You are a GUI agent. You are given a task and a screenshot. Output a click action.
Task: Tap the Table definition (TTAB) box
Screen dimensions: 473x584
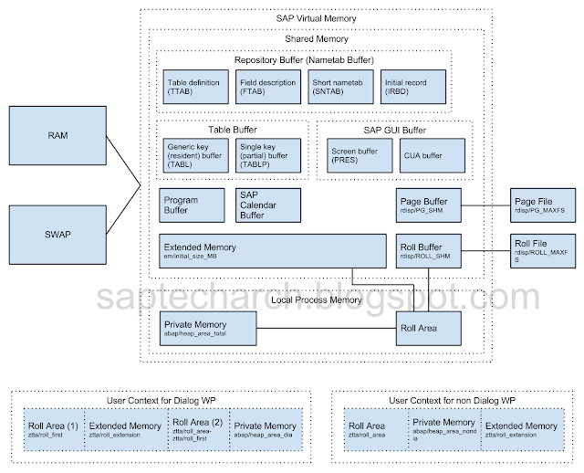194,87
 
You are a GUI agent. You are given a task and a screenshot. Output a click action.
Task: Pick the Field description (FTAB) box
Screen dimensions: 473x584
269,87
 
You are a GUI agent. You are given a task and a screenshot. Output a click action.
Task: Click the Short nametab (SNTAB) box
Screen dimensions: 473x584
340,87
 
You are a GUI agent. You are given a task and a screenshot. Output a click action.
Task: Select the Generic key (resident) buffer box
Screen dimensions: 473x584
194,155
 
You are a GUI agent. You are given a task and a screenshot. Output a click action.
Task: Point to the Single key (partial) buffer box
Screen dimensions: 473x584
269,155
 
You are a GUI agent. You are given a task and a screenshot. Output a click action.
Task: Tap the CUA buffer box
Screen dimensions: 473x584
429,155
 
